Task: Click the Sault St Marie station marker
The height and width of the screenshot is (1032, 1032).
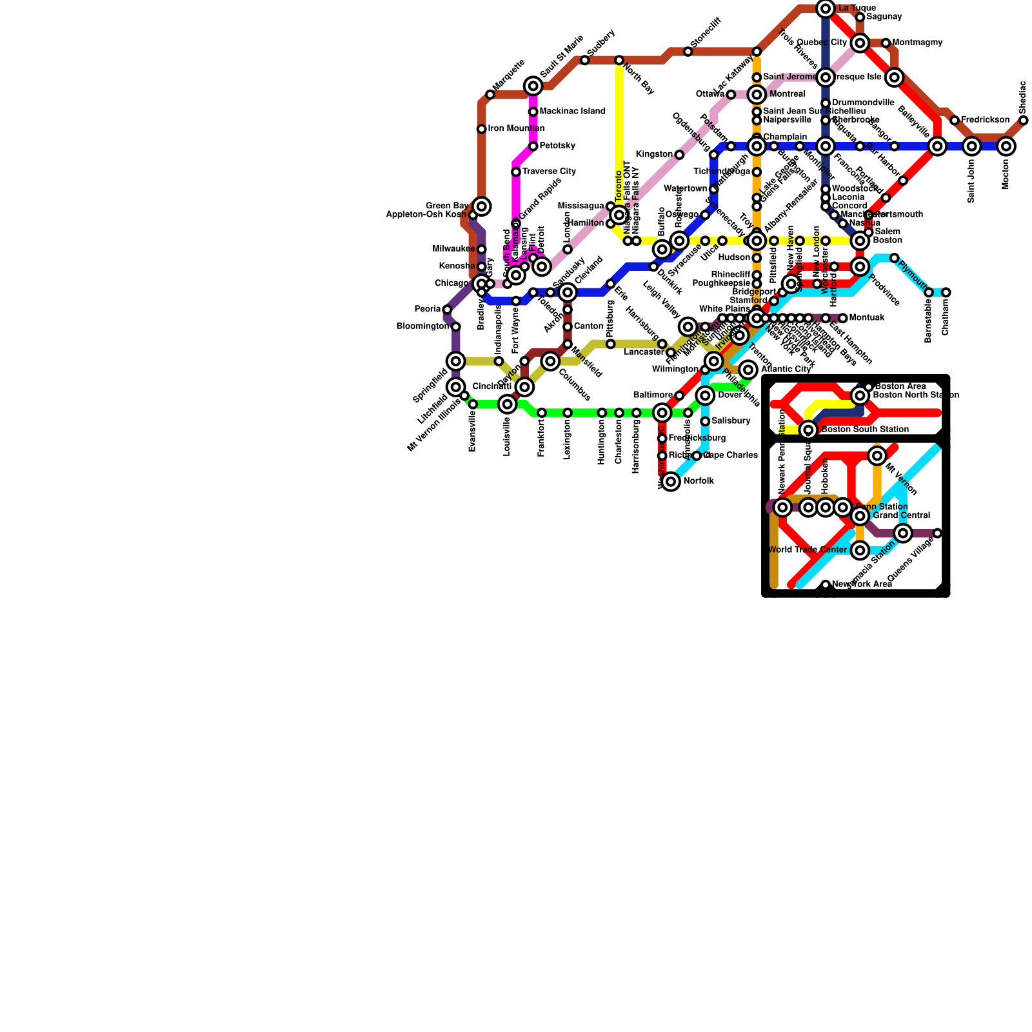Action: pyautogui.click(x=533, y=86)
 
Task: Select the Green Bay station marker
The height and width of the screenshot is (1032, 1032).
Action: pyautogui.click(x=481, y=206)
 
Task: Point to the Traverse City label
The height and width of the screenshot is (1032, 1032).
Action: pyautogui.click(x=549, y=172)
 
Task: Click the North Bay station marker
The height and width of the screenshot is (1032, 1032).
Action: pyautogui.click(x=619, y=60)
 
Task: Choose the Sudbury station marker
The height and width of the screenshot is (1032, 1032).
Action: pyautogui.click(x=584, y=60)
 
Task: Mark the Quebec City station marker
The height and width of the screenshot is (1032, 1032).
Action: pyautogui.click(x=860, y=43)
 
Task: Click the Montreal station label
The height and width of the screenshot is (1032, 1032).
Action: pyautogui.click(x=788, y=94)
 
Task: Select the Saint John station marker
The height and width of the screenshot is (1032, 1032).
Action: pyautogui.click(x=972, y=146)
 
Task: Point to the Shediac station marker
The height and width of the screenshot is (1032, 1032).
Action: pyautogui.click(x=1024, y=120)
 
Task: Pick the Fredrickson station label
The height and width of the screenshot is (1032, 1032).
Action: pyautogui.click(x=985, y=120)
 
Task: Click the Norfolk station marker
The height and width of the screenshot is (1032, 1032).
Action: pyautogui.click(x=671, y=481)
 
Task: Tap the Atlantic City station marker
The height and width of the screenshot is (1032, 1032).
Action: pyautogui.click(x=748, y=370)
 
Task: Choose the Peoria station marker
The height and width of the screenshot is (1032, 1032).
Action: pyautogui.click(x=447, y=310)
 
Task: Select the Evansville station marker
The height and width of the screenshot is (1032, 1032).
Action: pyautogui.click(x=473, y=404)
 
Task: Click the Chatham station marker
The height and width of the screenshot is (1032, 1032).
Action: pyautogui.click(x=946, y=292)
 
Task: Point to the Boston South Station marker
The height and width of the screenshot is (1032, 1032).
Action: pyautogui.click(x=808, y=430)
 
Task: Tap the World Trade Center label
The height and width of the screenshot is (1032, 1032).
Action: pyautogui.click(x=808, y=550)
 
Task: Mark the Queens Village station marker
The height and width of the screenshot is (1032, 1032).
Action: pyautogui.click(x=937, y=533)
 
